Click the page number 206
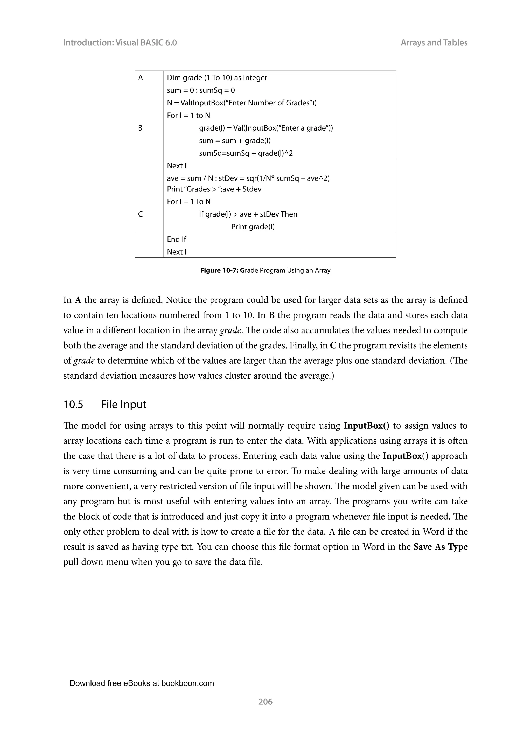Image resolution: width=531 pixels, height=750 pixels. point(265,701)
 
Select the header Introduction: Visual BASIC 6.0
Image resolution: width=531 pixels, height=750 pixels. point(120,42)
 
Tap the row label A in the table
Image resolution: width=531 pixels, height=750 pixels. point(141,78)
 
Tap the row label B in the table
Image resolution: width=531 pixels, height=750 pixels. point(140,128)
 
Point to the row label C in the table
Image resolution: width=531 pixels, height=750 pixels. point(140,214)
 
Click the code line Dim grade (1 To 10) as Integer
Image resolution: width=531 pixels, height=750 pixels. point(217,78)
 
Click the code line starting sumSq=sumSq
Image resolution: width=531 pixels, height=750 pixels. point(246,153)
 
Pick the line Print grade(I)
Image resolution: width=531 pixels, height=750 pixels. point(253,227)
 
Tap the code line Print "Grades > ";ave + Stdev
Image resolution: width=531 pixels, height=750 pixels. point(214,189)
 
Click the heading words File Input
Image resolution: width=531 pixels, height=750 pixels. point(124,405)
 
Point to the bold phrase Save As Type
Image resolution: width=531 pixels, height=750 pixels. point(440,547)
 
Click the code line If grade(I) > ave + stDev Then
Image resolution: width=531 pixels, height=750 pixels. point(248,214)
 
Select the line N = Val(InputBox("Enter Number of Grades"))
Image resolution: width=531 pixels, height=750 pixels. point(241,103)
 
